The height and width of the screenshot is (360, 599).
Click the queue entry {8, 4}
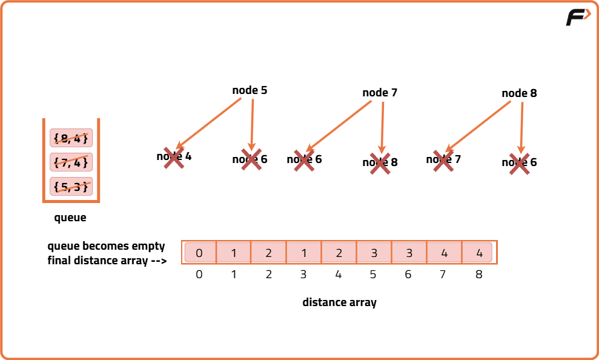coord(71,138)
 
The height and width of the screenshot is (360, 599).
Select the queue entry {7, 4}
coord(71,162)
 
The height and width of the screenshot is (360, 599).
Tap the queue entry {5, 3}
coord(71,187)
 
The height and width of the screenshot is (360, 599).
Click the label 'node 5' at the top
coord(250,90)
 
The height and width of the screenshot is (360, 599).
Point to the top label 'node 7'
coord(380,93)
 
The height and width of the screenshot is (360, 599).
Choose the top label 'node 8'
coord(519,93)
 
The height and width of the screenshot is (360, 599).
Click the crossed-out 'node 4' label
coord(174,156)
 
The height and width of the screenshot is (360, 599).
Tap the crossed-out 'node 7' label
coord(443,159)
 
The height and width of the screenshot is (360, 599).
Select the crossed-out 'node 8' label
coord(380,162)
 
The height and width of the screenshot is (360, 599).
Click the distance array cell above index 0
coord(199,253)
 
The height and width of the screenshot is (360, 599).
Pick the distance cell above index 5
coord(374,253)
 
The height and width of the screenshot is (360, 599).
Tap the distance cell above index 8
coord(479,253)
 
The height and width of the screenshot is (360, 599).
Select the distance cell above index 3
coord(304,253)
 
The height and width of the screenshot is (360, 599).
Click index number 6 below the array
coord(408,275)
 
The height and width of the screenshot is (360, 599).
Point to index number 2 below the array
coord(269,275)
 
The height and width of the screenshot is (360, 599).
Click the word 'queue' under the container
coord(70,218)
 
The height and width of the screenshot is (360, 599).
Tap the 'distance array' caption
coord(339,302)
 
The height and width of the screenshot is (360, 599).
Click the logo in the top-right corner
coord(578,18)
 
